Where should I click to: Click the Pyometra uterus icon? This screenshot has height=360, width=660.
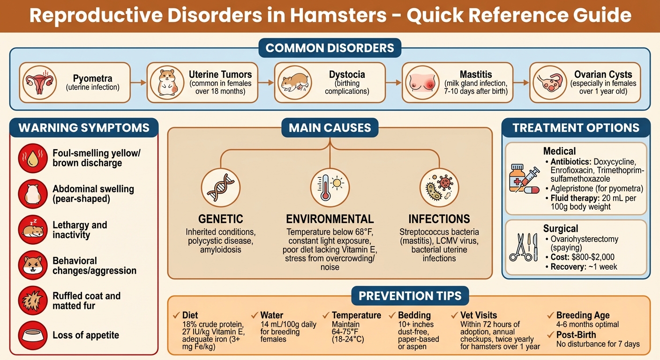pos(39,83)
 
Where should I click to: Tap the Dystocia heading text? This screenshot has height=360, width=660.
pos(347,75)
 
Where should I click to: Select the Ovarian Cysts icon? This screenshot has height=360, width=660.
pos(549,83)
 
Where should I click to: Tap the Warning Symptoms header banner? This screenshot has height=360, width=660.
pos(84,127)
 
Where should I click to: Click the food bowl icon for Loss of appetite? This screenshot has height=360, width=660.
pos(33,335)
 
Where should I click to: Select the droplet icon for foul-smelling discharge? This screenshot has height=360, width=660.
pos(33,158)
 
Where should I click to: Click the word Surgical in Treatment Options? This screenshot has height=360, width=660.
pos(561,229)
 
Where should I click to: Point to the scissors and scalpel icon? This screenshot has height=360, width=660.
pos(523,247)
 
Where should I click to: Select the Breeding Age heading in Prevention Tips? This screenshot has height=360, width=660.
pos(583,315)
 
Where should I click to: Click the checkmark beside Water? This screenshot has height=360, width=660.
pos(255,315)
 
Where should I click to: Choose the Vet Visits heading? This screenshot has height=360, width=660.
pos(480,315)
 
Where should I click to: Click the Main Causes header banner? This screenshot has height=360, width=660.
pos(330,127)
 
